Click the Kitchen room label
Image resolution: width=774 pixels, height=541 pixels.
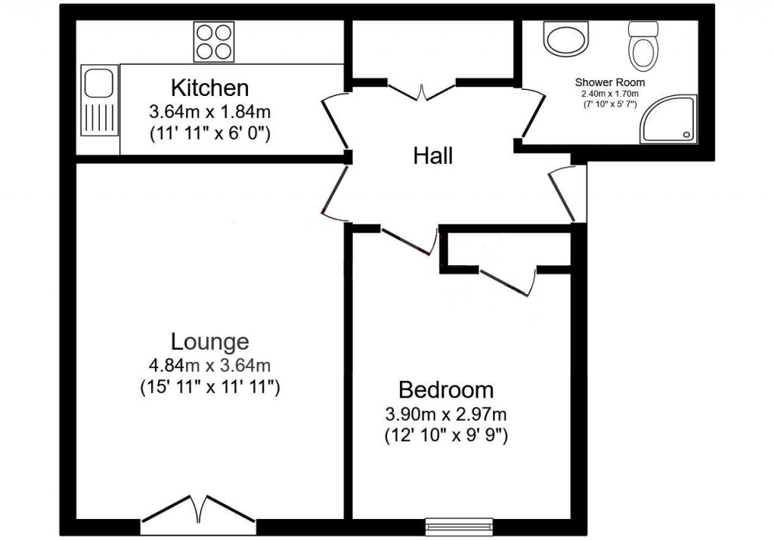click(209, 88)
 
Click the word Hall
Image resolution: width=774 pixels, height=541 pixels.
click(433, 156)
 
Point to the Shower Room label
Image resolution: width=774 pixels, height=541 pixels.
click(610, 82)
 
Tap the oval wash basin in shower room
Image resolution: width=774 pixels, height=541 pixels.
click(567, 37)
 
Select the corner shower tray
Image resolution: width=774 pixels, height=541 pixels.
click(668, 119)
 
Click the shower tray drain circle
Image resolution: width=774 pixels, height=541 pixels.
click(686, 134)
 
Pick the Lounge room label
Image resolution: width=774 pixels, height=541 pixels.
click(209, 342)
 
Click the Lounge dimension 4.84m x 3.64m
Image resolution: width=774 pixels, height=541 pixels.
click(209, 366)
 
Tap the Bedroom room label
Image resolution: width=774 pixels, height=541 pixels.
click(446, 390)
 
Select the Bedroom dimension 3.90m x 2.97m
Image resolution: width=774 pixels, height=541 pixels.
click(446, 414)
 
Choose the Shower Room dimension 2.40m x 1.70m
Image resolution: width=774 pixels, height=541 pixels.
click(610, 94)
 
